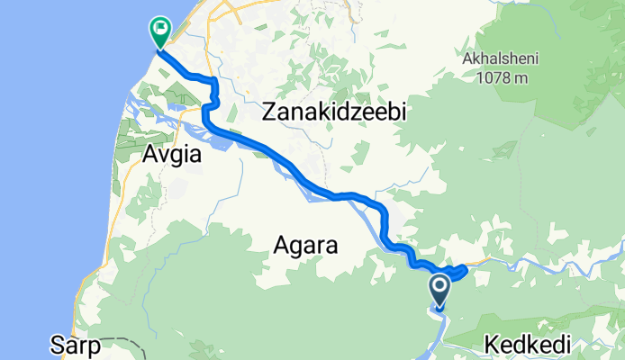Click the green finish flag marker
click(x=159, y=32)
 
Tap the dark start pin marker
click(x=440, y=291)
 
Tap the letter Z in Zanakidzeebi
click(x=269, y=113)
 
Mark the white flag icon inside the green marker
click(x=159, y=29)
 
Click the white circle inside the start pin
click(x=440, y=287)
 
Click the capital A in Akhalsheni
click(x=466, y=60)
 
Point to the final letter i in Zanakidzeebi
click(x=406, y=112)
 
